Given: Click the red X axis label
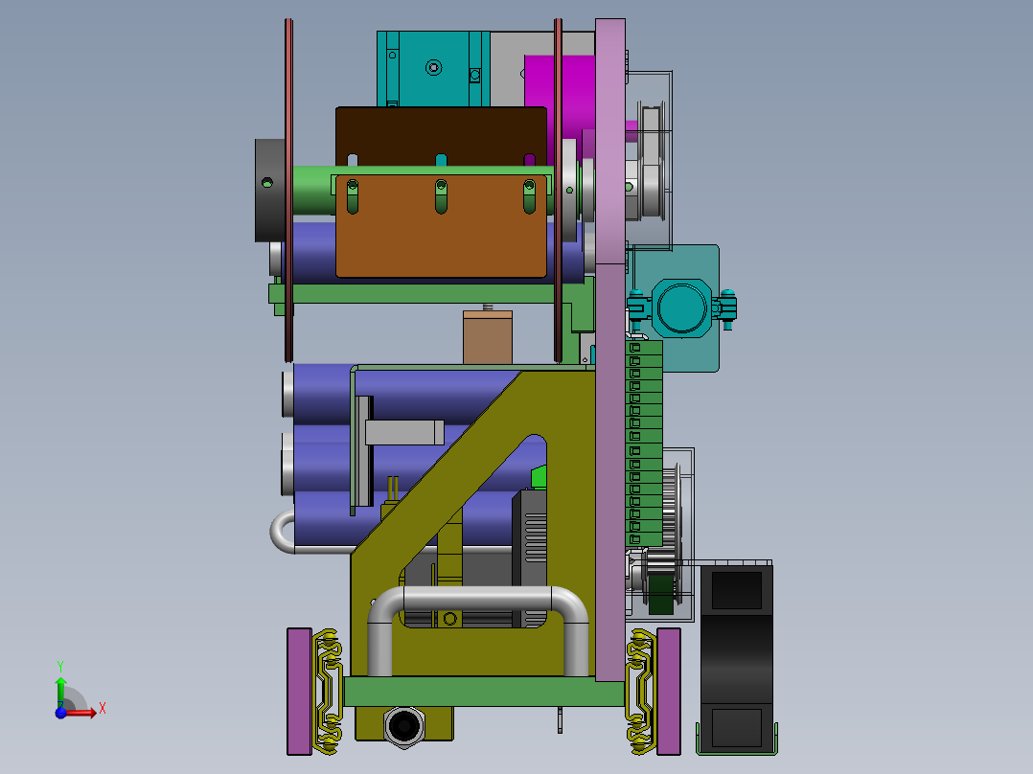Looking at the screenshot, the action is coord(103,709).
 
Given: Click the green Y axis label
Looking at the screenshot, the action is coord(60,667).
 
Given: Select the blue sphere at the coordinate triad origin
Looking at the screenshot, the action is coord(60,712).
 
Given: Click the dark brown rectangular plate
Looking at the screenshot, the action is coord(441,135).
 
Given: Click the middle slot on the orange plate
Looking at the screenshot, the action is coord(441,196).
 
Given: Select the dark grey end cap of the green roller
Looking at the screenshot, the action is coord(270,191).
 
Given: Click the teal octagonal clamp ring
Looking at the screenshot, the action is coord(682,307).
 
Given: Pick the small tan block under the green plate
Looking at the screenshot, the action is coord(488,336).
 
